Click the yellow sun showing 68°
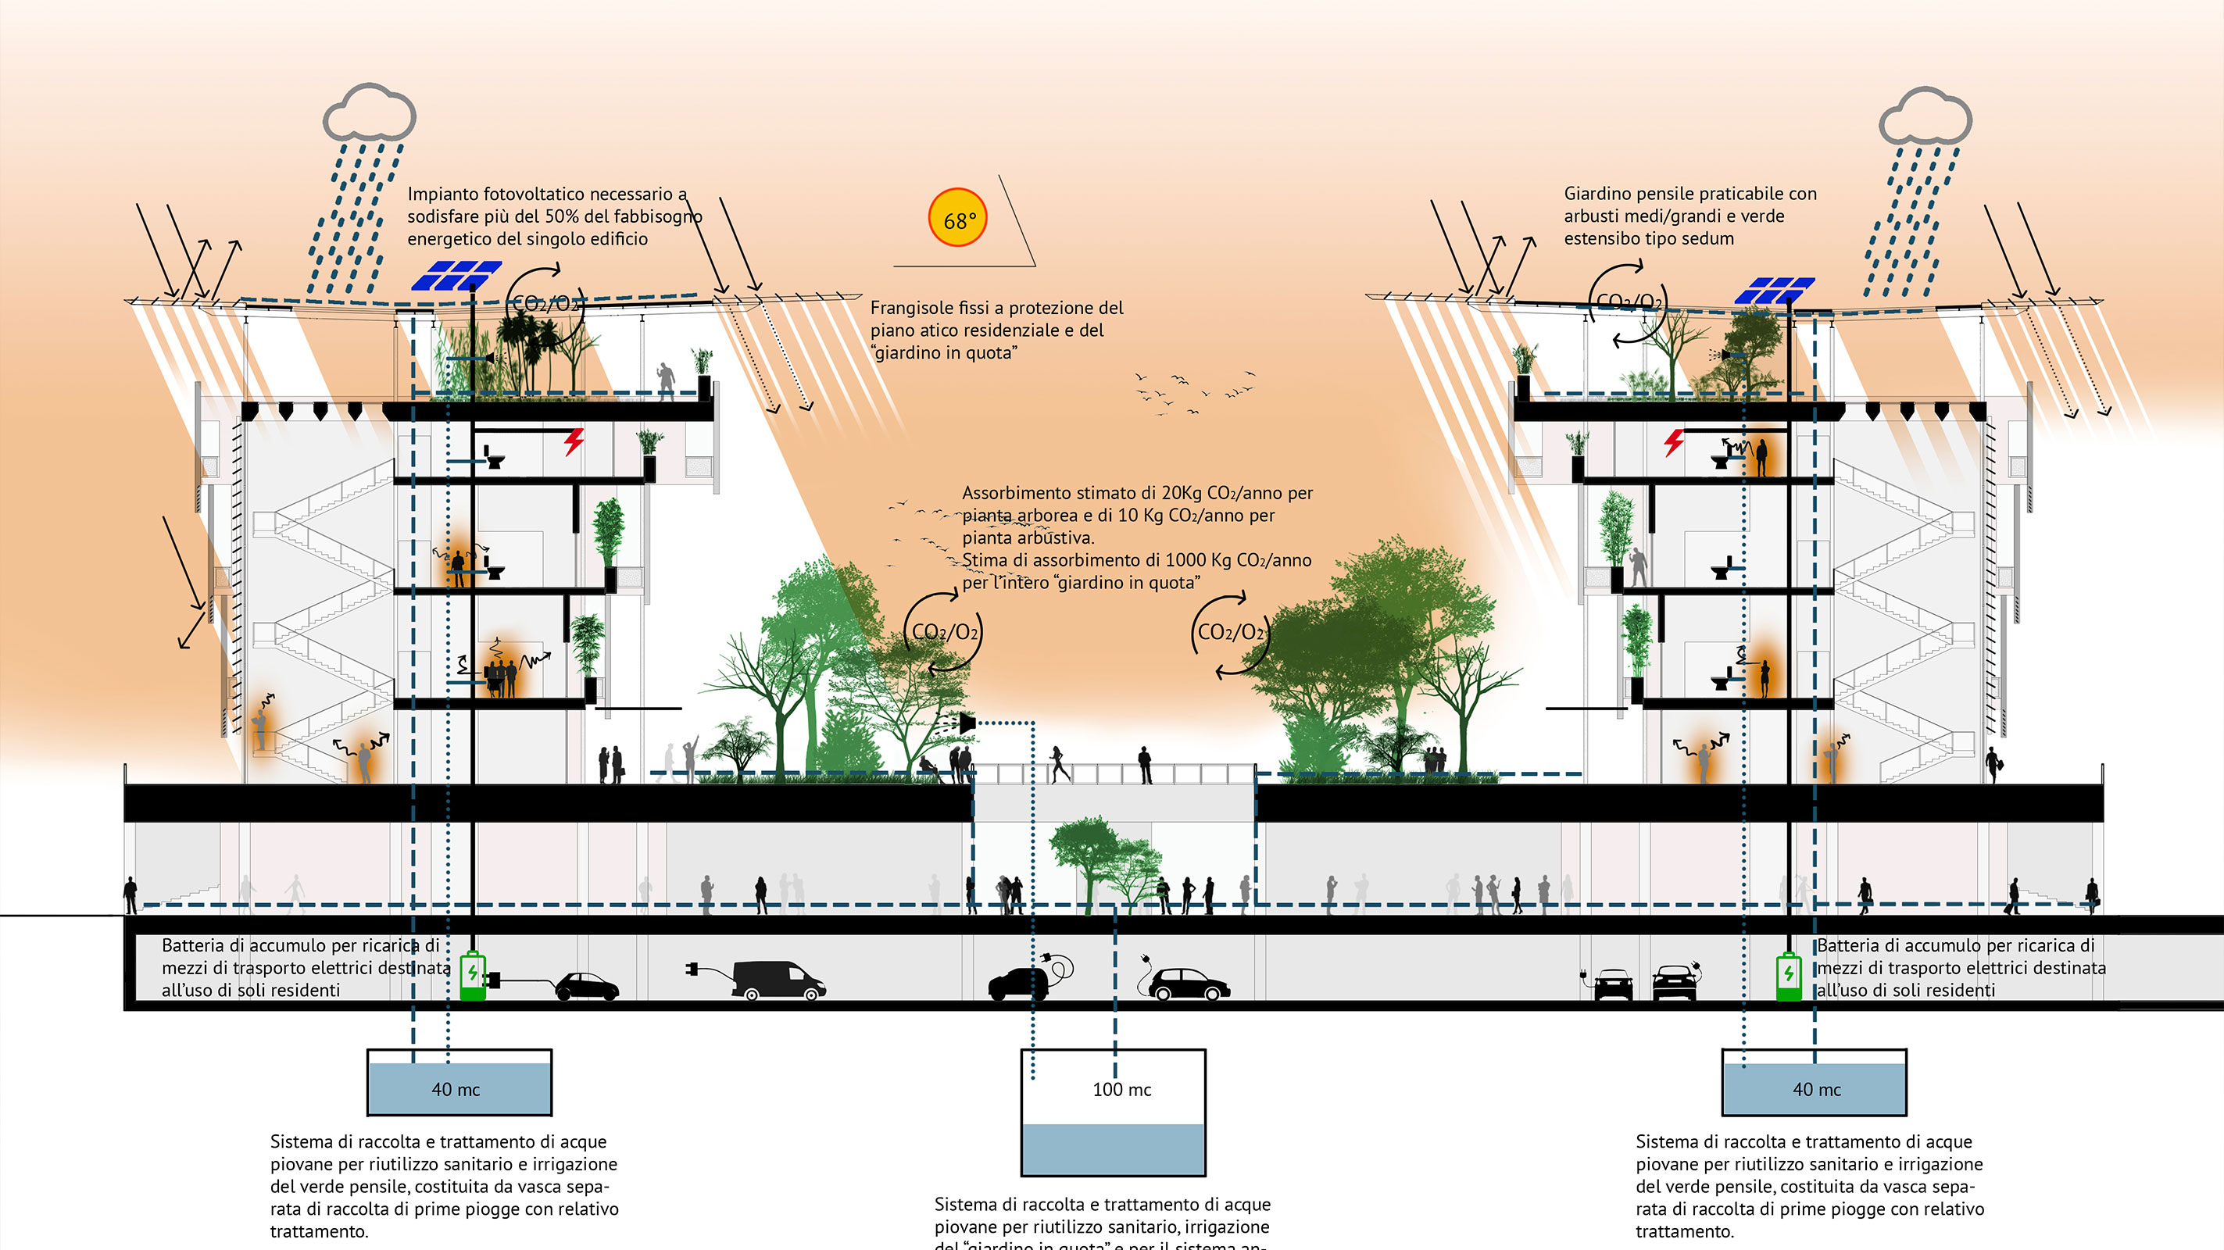point(957,219)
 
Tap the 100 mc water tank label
point(1121,1089)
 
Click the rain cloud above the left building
point(370,113)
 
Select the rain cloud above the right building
point(1925,116)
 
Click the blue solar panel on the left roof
point(456,275)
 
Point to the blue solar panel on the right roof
point(1774,290)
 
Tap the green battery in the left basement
point(472,976)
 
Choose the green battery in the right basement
point(1788,977)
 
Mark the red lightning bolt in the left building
point(574,441)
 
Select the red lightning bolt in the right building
point(1674,442)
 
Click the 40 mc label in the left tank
point(456,1089)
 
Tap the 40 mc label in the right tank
point(1817,1089)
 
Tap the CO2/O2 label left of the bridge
point(945,633)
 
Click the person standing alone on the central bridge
point(1145,765)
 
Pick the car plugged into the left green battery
point(586,986)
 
